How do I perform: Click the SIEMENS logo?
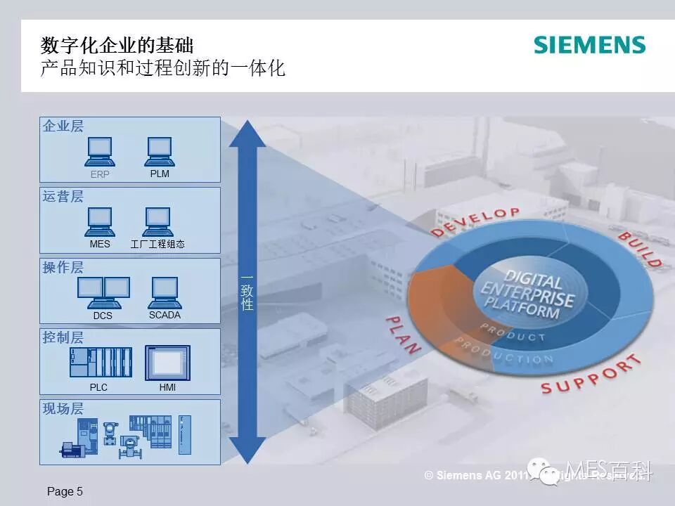pyautogui.click(x=589, y=45)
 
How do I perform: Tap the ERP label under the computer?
pyautogui.click(x=100, y=174)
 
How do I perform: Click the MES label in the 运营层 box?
pyautogui.click(x=100, y=245)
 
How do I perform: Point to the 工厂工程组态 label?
pyautogui.click(x=157, y=245)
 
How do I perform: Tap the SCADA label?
pyautogui.click(x=165, y=315)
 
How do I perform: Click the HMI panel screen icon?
pyautogui.click(x=167, y=363)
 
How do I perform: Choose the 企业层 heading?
pyautogui.click(x=63, y=126)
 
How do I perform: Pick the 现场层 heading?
pyautogui.click(x=63, y=409)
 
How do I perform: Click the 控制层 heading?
pyautogui.click(x=63, y=338)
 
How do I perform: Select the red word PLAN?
pyautogui.click(x=403, y=335)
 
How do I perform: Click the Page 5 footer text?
pyautogui.click(x=65, y=492)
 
